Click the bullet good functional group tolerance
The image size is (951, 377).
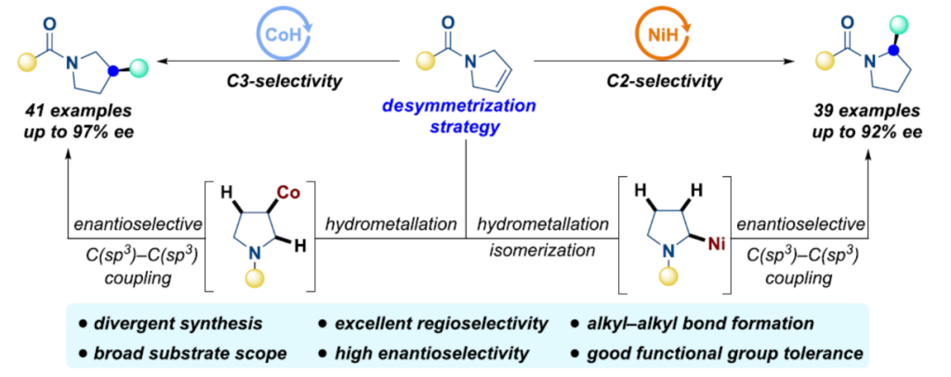pos(715,354)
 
